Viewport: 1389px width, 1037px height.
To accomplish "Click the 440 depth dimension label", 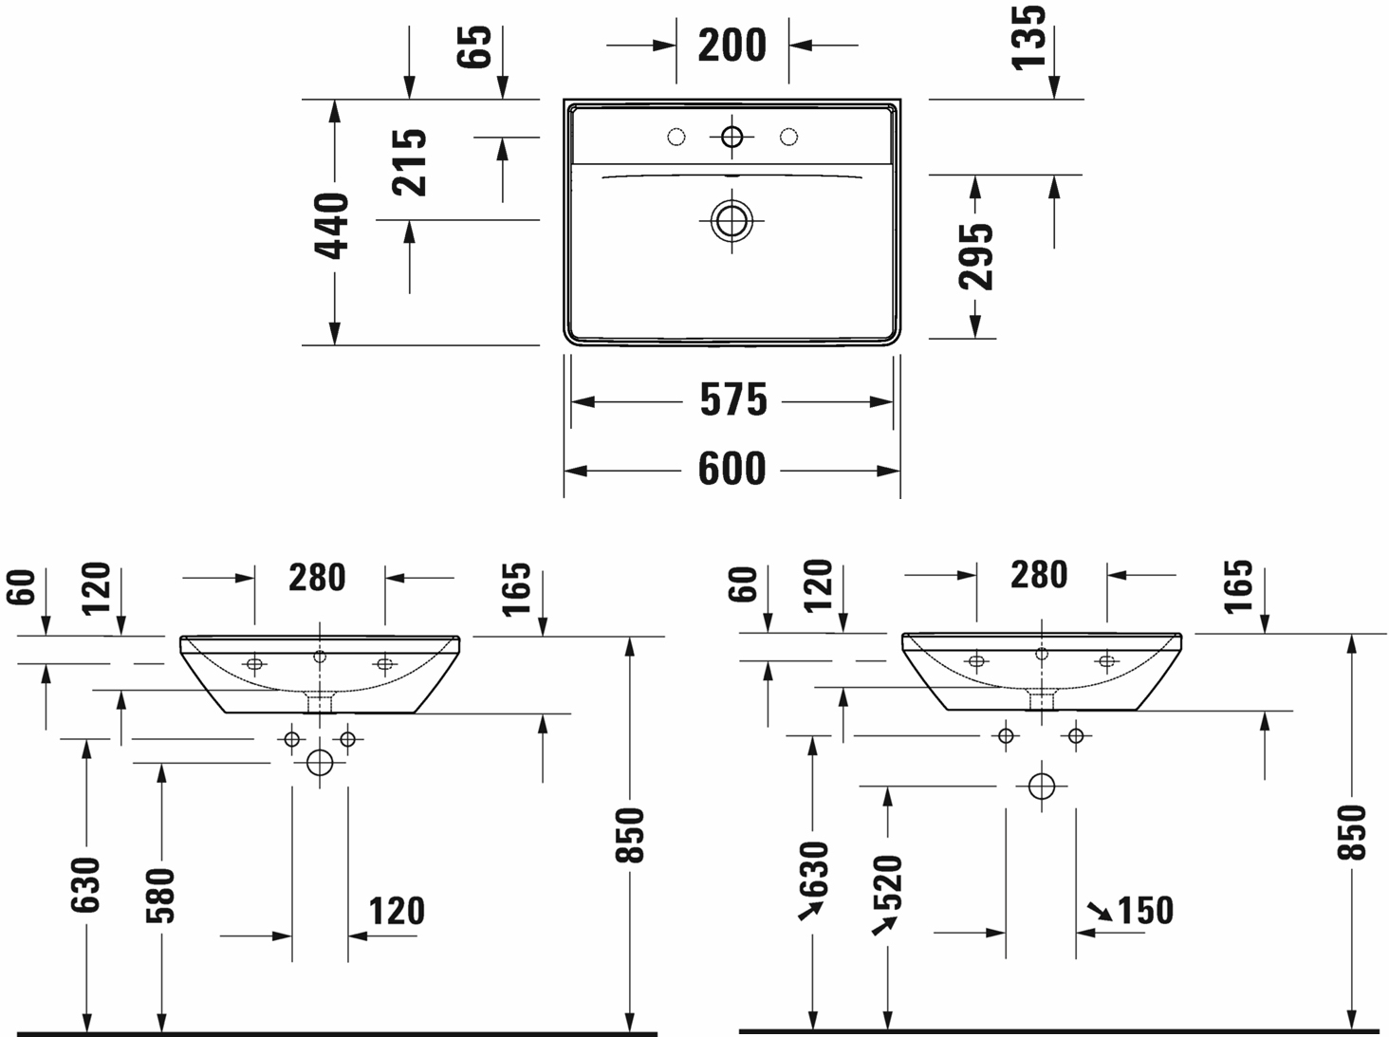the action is (x=331, y=226).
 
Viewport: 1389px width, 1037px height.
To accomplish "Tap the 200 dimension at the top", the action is (x=732, y=46).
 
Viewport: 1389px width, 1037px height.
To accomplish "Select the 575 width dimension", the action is (x=733, y=399).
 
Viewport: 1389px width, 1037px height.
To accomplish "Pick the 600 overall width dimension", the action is (x=732, y=469).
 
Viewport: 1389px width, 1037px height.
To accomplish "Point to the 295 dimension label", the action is (x=975, y=257).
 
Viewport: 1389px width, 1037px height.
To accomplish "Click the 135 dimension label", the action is (x=1028, y=37).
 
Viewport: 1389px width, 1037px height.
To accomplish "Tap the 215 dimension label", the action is (x=409, y=162).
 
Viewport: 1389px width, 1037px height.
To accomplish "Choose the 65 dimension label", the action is (x=474, y=46).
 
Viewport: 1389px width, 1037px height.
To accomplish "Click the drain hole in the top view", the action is (x=732, y=221).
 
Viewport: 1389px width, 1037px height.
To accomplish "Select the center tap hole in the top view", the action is (x=732, y=137).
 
